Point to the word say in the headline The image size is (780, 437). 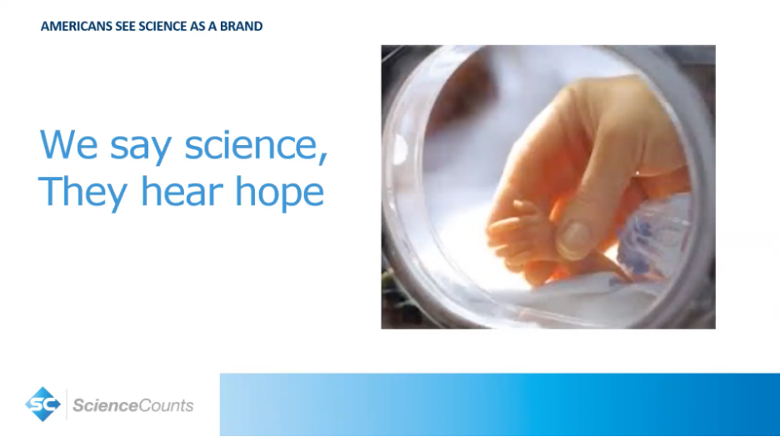141,149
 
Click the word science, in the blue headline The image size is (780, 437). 256,145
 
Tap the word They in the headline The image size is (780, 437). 82,192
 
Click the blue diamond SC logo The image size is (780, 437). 42,404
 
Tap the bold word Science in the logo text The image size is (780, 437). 102,405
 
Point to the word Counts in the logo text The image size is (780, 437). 163,405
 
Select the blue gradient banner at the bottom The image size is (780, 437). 500,404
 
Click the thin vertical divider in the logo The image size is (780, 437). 66,404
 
